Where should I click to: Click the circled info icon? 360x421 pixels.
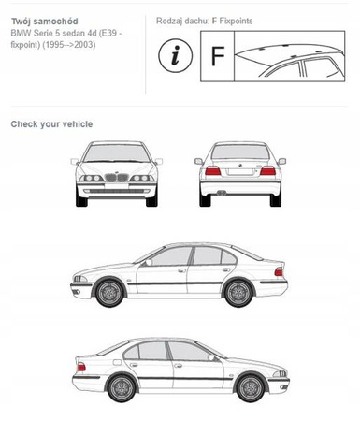point(176,56)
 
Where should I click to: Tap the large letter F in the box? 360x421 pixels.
point(218,56)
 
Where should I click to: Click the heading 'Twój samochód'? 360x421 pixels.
point(45,22)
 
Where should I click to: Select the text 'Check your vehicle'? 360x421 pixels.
point(51,124)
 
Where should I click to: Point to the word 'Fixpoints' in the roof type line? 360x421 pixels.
point(236,21)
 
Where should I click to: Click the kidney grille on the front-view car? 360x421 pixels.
point(117,177)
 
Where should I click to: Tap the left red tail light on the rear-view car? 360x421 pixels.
point(213,171)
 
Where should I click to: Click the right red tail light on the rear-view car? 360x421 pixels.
point(267,171)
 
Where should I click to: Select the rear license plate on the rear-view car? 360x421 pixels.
point(240,172)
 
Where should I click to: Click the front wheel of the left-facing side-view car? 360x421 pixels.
point(109,293)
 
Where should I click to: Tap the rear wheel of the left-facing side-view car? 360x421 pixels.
point(238,293)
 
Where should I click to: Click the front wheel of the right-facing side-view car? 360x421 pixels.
point(251,388)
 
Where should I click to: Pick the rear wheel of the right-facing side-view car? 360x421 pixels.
point(122,388)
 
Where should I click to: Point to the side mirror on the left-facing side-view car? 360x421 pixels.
point(149,262)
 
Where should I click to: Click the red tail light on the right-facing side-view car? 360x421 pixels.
point(81,367)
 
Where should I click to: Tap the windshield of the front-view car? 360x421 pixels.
point(117,153)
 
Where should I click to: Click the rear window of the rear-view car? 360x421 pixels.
point(240,152)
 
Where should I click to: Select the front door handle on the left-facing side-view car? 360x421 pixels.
point(181,270)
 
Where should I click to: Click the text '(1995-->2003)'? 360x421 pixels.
point(69,45)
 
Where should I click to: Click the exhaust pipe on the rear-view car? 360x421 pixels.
point(222,193)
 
